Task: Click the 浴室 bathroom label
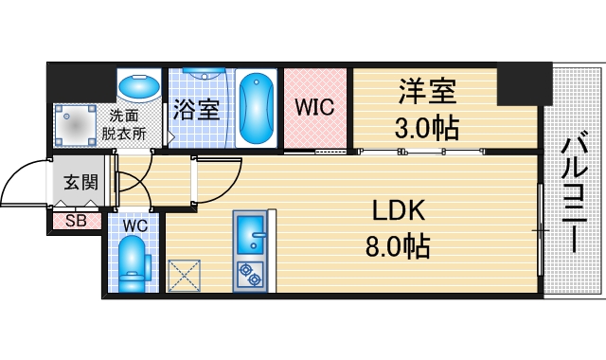pyautogui.click(x=197, y=109)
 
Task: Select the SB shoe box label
pyautogui.click(x=76, y=222)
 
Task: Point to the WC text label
pyautogui.click(x=134, y=226)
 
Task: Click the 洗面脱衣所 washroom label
pyautogui.click(x=124, y=124)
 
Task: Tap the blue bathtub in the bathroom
pyautogui.click(x=256, y=110)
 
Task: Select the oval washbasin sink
pyautogui.click(x=139, y=87)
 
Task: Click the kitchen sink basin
pyautogui.click(x=251, y=232)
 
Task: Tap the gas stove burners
pyautogui.click(x=251, y=275)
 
